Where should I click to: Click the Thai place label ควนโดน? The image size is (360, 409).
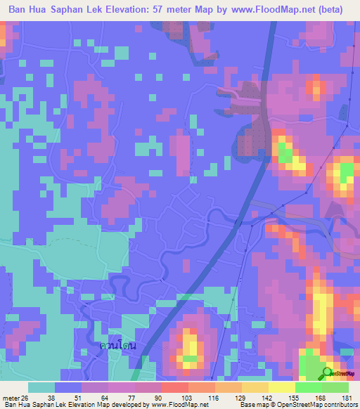coord(117,346)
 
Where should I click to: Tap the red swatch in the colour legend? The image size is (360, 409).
coord(174,387)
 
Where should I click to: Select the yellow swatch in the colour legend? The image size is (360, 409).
coord(282,387)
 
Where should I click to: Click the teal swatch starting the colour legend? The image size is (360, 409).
coord(41,387)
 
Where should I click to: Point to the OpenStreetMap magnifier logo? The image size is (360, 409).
coord(327,373)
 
